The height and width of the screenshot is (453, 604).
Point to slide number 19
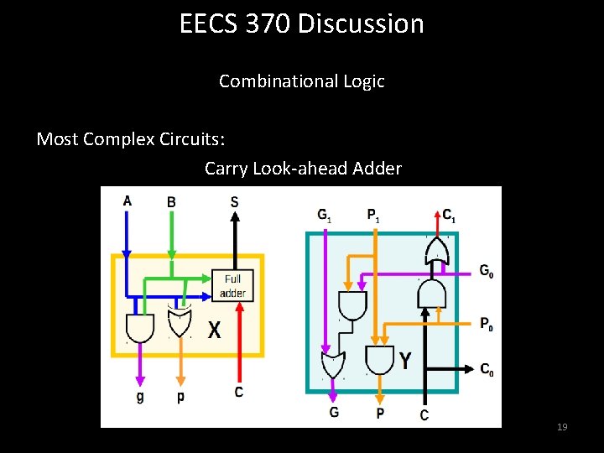point(562,428)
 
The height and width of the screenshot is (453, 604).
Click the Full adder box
point(232,285)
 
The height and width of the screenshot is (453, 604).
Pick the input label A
point(127,200)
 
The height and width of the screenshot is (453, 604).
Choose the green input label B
point(171,201)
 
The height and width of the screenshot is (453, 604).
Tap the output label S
point(234,201)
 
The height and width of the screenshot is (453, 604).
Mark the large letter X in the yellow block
point(215,331)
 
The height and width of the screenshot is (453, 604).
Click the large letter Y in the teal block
point(406,361)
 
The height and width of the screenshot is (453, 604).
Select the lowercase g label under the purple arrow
point(139,396)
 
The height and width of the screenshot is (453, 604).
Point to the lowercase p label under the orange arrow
point(180,396)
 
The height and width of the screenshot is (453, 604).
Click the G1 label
point(324,215)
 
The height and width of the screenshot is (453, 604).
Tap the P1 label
point(372,215)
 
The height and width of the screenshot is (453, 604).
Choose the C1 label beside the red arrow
point(450,215)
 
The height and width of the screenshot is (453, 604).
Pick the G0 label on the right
point(486,270)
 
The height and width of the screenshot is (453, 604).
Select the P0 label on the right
point(486,322)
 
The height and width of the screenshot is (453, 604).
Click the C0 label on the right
point(486,368)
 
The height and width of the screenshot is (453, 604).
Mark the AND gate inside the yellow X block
point(139,326)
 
